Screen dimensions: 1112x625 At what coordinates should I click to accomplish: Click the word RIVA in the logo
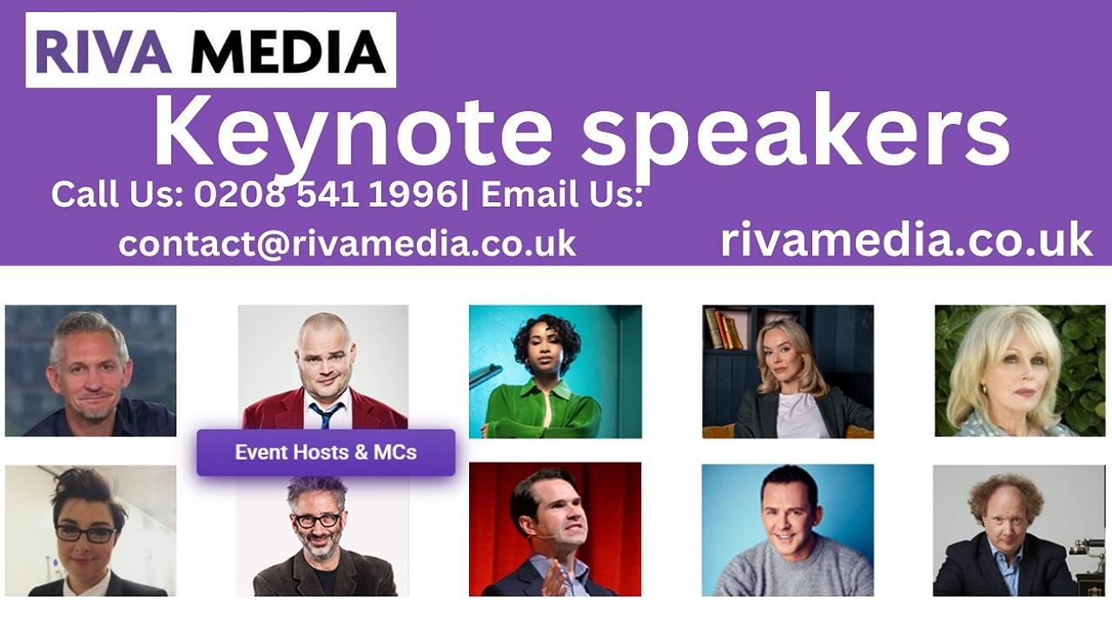click(x=103, y=51)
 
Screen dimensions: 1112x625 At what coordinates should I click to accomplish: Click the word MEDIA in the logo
click(x=288, y=51)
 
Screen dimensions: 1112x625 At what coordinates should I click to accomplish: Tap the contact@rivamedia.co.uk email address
click(x=347, y=244)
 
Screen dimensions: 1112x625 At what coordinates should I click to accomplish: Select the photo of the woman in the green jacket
click(x=555, y=372)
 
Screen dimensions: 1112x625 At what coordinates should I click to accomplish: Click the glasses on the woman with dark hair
click(x=85, y=533)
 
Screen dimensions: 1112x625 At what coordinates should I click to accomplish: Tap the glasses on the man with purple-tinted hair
click(x=316, y=520)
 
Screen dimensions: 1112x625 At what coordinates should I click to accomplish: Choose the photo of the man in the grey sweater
click(x=788, y=530)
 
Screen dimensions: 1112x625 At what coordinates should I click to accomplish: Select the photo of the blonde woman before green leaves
click(x=1020, y=371)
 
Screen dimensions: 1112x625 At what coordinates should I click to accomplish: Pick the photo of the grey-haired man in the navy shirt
click(x=90, y=371)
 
